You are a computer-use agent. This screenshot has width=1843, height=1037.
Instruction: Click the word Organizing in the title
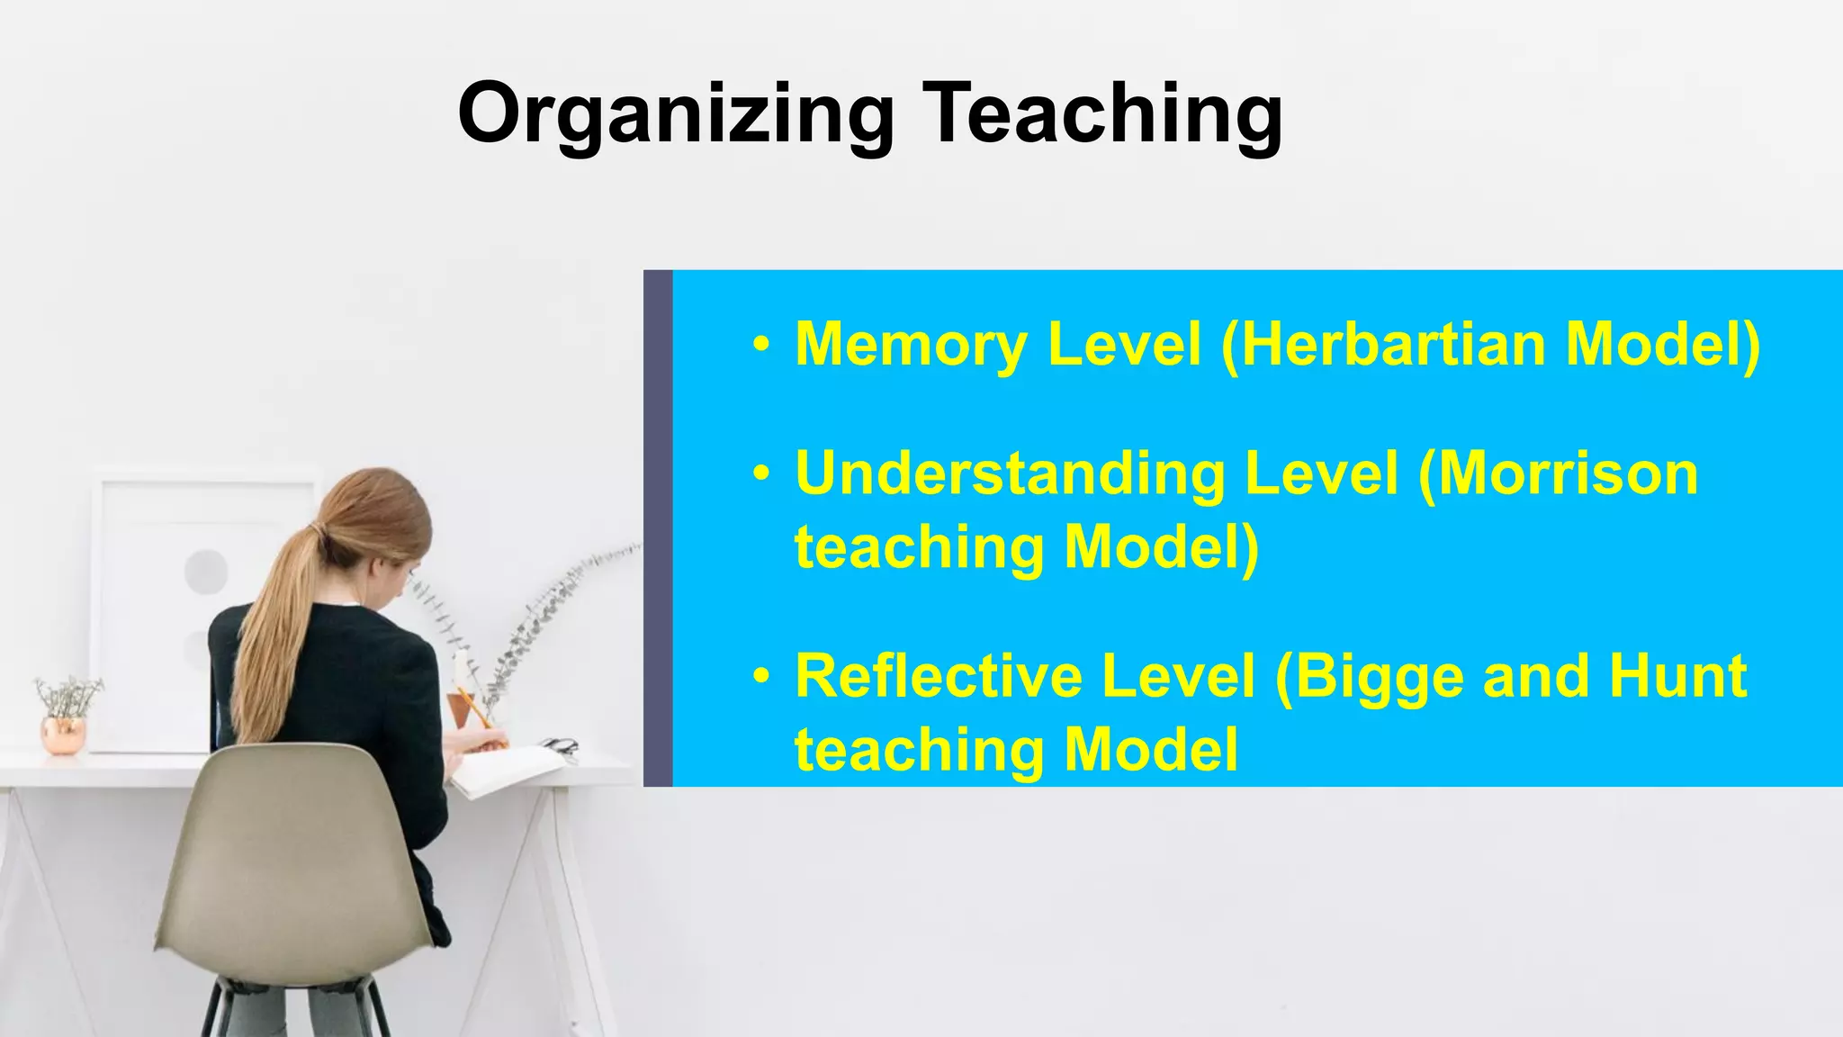676,115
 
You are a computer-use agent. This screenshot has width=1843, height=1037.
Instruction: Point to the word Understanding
1008,474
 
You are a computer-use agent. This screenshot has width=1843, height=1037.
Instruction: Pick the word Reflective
936,676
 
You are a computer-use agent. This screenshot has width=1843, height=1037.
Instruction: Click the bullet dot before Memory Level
762,345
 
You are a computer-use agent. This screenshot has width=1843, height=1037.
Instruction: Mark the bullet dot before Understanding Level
762,473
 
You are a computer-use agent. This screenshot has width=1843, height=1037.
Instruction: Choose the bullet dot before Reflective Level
762,676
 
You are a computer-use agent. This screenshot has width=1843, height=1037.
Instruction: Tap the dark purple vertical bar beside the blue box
658,528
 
